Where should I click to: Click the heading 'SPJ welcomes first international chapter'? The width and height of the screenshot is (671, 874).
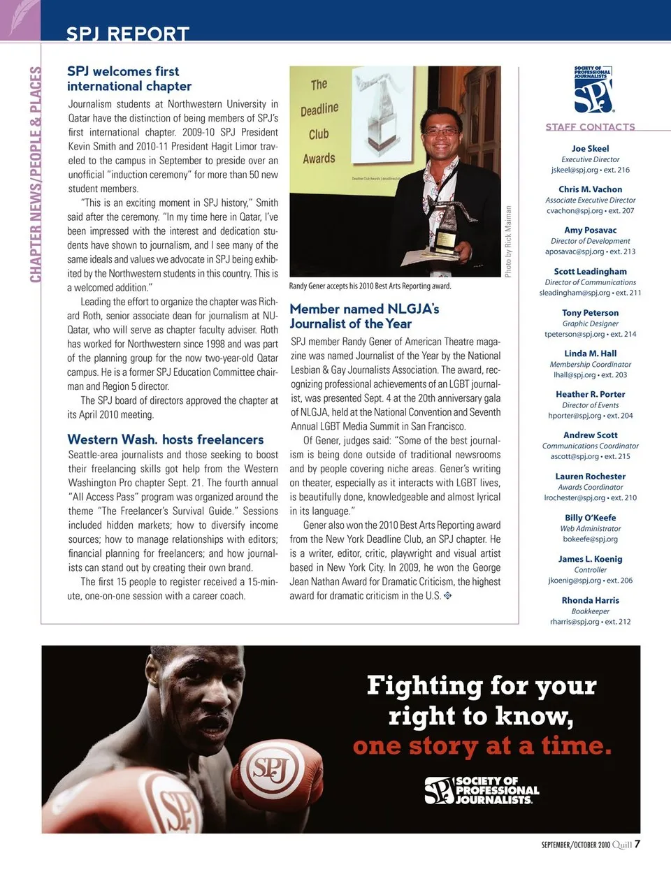(129, 78)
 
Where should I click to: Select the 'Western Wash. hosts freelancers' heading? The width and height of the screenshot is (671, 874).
(166, 439)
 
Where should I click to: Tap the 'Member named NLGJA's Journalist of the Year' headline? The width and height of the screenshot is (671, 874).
(364, 316)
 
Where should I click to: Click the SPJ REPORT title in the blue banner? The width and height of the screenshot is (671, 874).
(127, 34)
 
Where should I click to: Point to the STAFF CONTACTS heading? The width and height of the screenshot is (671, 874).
(590, 126)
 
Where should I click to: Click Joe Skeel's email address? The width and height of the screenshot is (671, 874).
(590, 170)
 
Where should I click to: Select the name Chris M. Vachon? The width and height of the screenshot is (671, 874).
(590, 189)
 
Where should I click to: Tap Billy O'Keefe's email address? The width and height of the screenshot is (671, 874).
(590, 539)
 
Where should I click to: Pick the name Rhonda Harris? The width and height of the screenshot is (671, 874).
(590, 600)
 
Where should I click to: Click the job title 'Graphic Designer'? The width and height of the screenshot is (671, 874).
(590, 323)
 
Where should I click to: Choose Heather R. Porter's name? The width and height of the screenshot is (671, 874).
(590, 394)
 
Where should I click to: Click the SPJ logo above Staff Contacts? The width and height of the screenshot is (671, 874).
(593, 89)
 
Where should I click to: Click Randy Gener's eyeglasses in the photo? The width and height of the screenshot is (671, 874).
(441, 131)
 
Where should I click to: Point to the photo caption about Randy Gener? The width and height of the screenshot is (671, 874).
(370, 286)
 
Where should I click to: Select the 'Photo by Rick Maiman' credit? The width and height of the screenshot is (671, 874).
(508, 241)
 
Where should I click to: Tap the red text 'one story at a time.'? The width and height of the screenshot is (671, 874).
(482, 746)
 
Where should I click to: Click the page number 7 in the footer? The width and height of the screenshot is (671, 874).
(637, 844)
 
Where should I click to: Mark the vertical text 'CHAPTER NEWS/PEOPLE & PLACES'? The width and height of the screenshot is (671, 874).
(36, 175)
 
